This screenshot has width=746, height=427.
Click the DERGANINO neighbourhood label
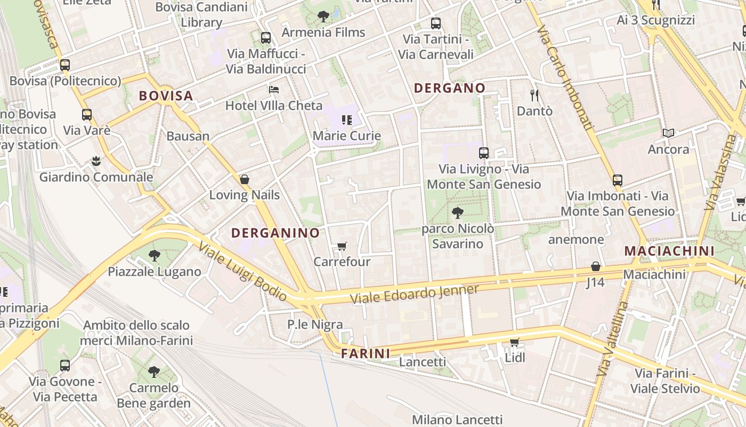click(x=275, y=233)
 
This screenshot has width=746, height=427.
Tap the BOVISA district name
click(x=166, y=96)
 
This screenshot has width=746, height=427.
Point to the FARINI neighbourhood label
click(x=366, y=353)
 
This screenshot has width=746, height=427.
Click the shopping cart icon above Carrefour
click(x=342, y=246)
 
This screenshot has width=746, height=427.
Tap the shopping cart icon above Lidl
click(x=514, y=342)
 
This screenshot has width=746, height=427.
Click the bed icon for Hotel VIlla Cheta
click(x=274, y=89)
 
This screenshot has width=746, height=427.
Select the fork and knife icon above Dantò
click(x=534, y=96)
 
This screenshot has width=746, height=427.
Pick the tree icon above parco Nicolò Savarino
click(x=457, y=213)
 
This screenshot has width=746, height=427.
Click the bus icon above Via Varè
click(x=87, y=115)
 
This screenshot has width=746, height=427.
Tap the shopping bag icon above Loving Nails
click(x=245, y=179)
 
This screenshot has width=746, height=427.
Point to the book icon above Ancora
click(x=668, y=133)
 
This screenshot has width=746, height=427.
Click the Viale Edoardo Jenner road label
click(x=415, y=294)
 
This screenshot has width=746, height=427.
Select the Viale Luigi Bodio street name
click(x=242, y=272)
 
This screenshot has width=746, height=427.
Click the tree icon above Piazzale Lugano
click(x=155, y=256)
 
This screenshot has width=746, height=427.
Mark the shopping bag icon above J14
click(x=596, y=266)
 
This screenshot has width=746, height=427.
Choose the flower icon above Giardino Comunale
click(x=96, y=161)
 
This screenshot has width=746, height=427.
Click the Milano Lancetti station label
click(x=457, y=420)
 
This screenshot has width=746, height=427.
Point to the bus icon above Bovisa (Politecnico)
click(x=65, y=65)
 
